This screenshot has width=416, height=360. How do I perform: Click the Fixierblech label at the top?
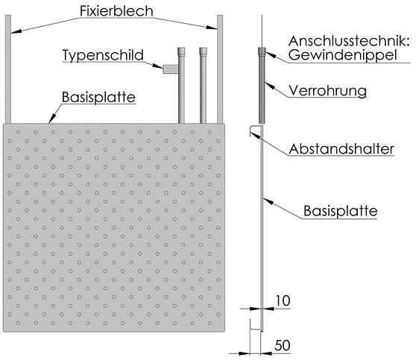point(116,11)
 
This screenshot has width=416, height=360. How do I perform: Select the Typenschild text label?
point(103,55)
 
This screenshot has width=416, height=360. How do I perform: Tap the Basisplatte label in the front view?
point(98,97)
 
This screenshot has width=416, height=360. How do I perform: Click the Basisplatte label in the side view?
point(341,211)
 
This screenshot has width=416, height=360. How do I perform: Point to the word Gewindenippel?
point(342,55)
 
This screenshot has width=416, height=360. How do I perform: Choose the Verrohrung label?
point(327,91)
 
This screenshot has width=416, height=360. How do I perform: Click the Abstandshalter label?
point(341,149)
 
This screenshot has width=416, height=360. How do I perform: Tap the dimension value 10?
point(283,301)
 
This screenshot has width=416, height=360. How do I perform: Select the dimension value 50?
point(283,345)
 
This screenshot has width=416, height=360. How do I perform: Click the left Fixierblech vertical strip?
point(8,69)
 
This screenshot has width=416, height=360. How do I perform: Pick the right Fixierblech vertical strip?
point(220,69)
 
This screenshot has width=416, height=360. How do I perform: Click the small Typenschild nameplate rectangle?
point(170,69)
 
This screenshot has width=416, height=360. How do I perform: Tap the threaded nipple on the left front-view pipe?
point(181,51)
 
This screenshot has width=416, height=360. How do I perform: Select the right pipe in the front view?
point(204,86)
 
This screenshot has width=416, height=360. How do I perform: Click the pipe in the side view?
point(262,86)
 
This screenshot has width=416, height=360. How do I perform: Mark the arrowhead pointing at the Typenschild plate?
point(158,66)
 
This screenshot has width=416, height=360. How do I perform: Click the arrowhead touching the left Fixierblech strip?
point(16,31)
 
